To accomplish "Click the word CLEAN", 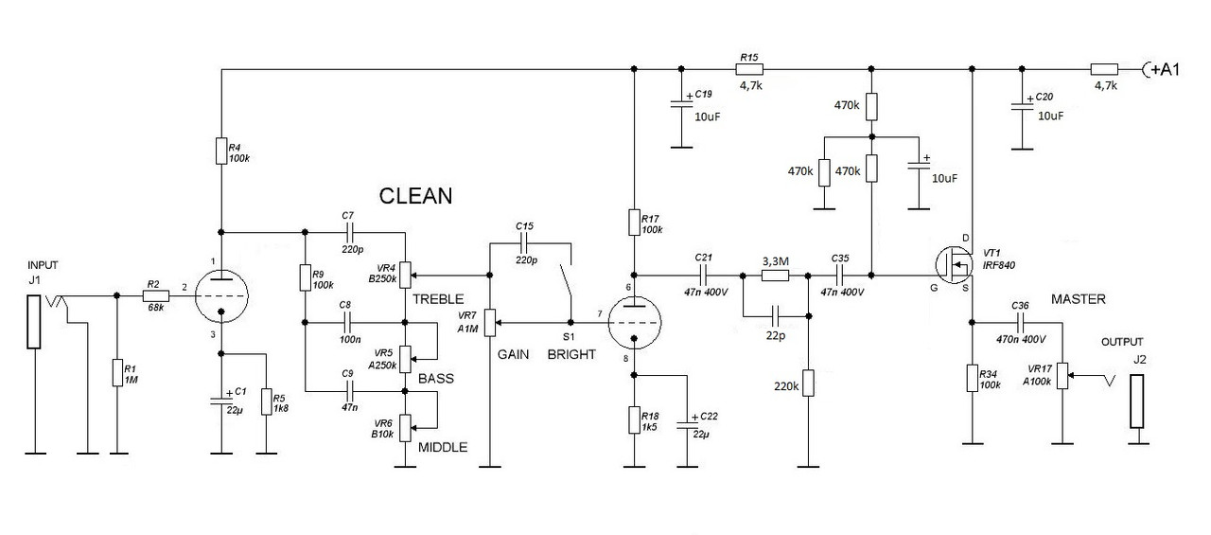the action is [x=415, y=196].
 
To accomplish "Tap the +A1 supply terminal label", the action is [x=1165, y=69].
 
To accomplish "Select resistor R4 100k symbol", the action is [x=221, y=151].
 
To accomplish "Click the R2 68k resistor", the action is [x=156, y=295].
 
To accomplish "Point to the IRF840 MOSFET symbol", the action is [x=953, y=264].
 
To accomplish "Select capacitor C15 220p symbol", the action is [x=524, y=243].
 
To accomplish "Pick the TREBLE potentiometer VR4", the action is [x=406, y=276].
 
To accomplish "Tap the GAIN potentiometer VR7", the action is [x=490, y=323].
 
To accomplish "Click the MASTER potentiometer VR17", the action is [x=1062, y=375].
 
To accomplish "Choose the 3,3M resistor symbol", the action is [x=775, y=276].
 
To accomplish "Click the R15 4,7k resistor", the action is [x=749, y=69].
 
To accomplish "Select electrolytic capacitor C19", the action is [x=681, y=103].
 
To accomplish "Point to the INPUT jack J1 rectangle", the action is [x=34, y=321].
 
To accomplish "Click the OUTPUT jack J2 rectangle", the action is [x=1137, y=401].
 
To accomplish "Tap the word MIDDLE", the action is [x=443, y=447].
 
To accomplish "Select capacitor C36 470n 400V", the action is [x=1021, y=323].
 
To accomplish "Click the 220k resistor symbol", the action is [x=808, y=383].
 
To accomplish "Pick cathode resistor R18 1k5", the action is [x=635, y=420].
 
